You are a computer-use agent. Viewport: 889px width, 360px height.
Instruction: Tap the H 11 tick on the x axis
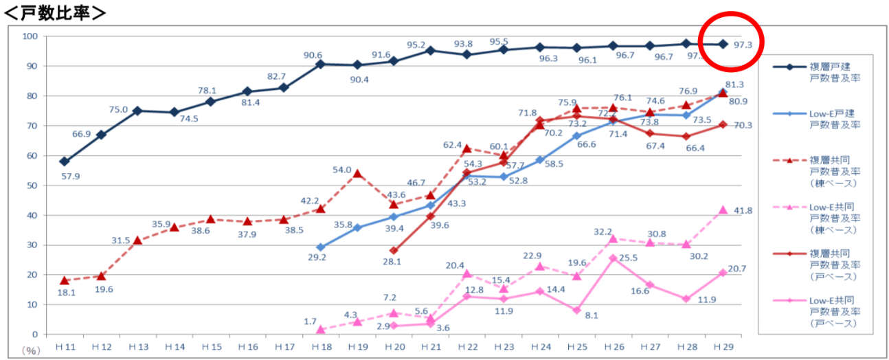[65, 347]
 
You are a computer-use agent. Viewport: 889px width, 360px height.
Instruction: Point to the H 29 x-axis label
[722, 347]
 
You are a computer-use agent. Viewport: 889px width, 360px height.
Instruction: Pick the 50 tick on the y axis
[30, 185]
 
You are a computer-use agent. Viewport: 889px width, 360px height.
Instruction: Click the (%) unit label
[31, 350]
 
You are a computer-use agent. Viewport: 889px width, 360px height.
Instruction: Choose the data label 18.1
[67, 292]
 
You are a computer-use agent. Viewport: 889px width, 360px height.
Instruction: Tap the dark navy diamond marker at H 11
[65, 161]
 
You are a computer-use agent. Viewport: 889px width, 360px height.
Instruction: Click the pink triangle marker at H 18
[320, 330]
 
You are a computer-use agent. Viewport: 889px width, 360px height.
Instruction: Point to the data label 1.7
[309, 321]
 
